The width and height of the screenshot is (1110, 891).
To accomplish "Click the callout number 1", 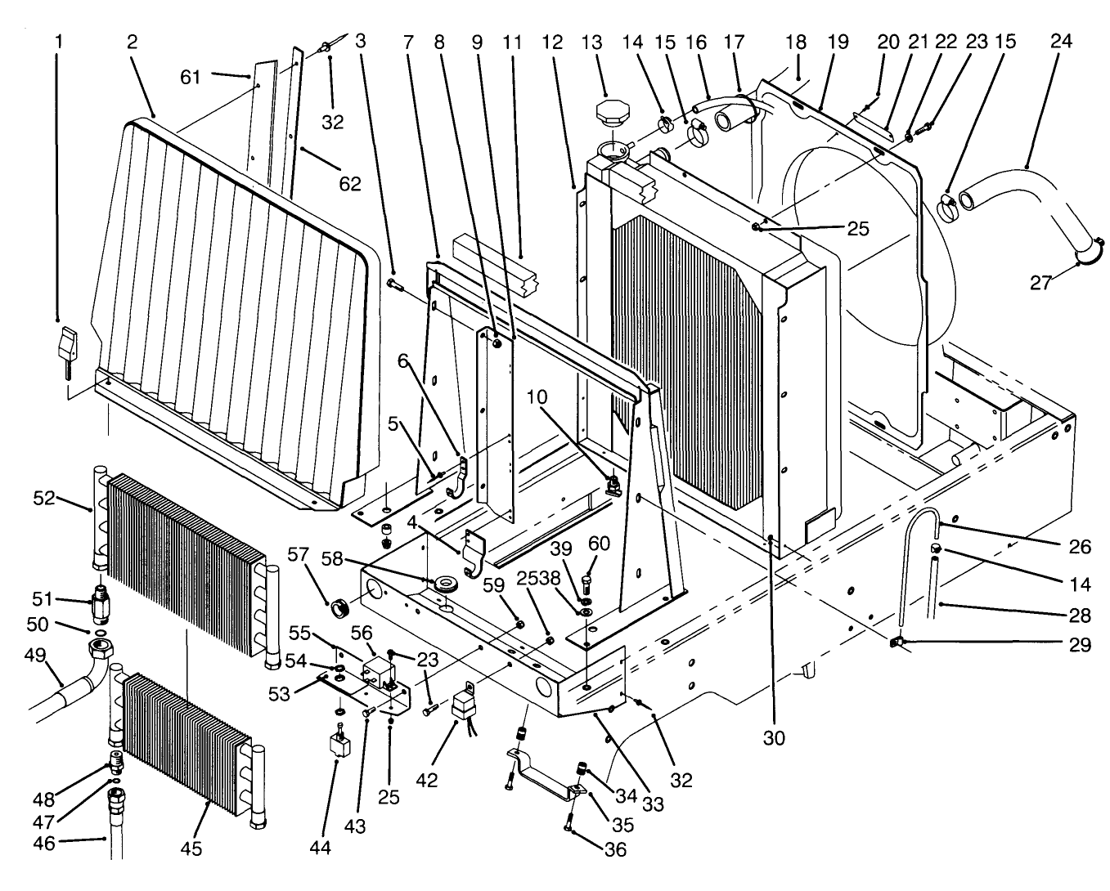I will point(58,40).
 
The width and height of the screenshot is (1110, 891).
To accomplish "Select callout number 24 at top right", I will point(1060,40).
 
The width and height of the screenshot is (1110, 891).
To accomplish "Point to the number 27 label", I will point(1040,282).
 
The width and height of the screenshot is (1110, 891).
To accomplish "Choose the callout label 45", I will point(191,849).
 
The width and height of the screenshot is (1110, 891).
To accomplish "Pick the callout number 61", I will point(191,77).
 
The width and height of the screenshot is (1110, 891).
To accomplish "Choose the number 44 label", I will point(320,848).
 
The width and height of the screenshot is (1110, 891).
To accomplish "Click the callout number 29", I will point(1080,645).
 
